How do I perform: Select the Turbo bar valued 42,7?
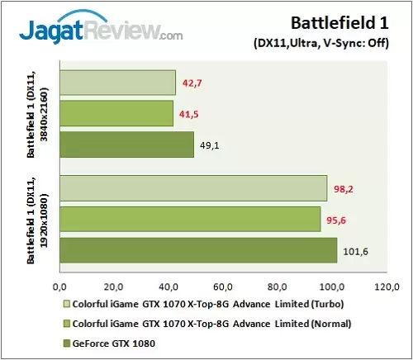click(117, 83)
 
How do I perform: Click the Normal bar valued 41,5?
click(116, 113)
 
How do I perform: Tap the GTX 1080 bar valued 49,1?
click(126, 144)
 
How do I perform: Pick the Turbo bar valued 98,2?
click(193, 188)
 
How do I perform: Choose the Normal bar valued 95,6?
click(190, 219)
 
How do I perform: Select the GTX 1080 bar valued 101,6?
click(198, 249)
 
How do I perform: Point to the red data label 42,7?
click(193, 82)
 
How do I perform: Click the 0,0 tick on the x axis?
click(59, 287)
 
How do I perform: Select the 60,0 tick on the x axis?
click(223, 287)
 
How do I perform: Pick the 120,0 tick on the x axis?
click(387, 287)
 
